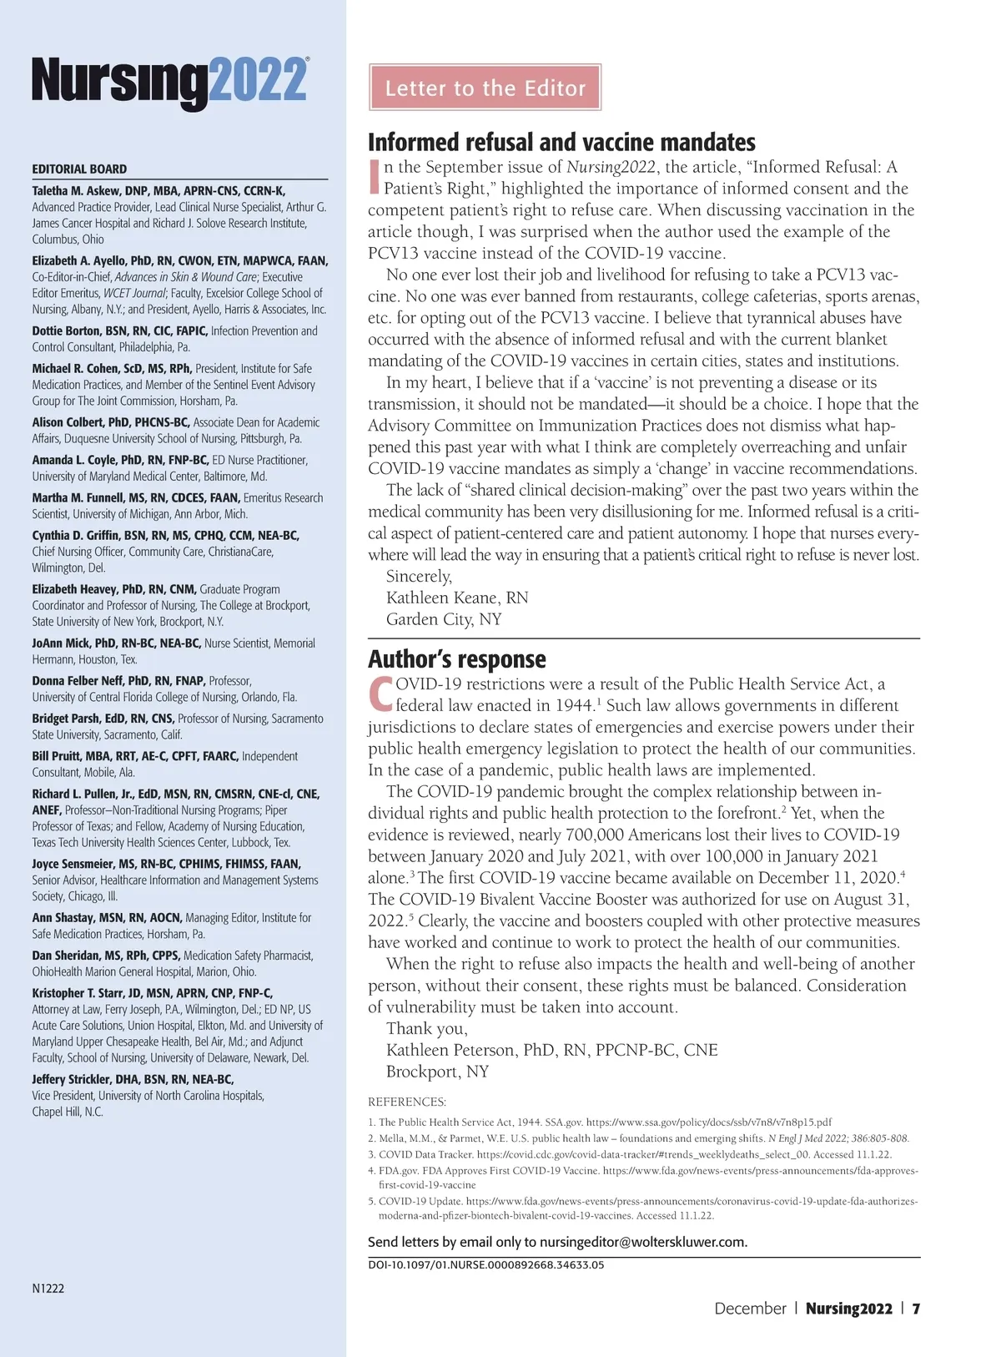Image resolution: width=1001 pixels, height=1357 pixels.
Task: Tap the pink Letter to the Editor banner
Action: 485,88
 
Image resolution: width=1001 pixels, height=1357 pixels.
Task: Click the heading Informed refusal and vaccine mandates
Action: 561,142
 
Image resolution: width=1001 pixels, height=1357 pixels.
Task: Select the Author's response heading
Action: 457,659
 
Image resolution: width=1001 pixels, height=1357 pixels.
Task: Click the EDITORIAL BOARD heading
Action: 79,169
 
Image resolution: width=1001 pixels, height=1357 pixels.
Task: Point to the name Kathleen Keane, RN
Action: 457,598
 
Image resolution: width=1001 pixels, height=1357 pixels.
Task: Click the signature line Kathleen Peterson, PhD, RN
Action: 551,1050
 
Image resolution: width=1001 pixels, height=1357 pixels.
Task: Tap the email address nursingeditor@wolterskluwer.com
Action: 643,1242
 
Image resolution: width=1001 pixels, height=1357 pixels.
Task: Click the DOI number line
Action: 486,1264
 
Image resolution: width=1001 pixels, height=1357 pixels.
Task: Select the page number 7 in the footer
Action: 916,1309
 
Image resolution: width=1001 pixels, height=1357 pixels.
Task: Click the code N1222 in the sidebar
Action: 48,1289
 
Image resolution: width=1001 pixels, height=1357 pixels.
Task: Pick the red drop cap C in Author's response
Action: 380,694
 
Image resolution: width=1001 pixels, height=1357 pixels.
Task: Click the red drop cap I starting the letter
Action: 375,177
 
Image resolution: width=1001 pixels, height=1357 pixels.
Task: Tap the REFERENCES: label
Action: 407,1102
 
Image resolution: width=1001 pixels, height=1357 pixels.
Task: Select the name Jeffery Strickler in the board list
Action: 73,1079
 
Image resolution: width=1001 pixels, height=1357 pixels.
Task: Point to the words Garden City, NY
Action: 444,619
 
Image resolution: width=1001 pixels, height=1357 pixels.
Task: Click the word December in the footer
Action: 750,1309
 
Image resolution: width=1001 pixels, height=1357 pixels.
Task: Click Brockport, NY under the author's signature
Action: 437,1072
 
